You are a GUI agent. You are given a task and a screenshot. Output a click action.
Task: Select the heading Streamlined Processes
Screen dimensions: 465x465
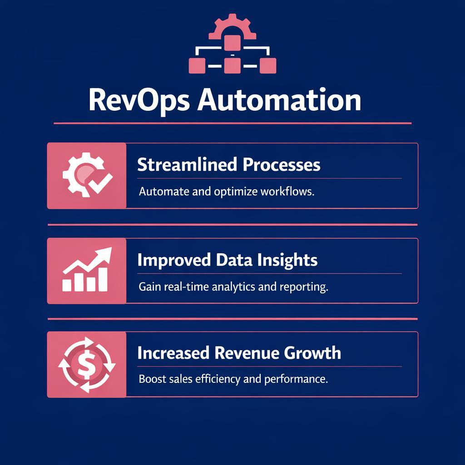[x=228, y=165]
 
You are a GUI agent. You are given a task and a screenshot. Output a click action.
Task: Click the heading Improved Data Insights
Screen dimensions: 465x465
[x=227, y=260]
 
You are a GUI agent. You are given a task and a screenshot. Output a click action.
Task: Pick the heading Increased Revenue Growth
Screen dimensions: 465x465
[x=239, y=353]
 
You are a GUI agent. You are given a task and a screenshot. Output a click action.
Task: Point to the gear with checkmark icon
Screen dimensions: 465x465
[x=87, y=176]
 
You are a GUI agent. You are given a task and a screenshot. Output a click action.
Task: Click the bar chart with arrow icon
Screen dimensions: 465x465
[x=87, y=271]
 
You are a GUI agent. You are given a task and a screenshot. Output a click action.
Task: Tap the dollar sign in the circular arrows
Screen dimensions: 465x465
[x=86, y=365]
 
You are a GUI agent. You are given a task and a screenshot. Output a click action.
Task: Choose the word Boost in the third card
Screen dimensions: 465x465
[x=149, y=379]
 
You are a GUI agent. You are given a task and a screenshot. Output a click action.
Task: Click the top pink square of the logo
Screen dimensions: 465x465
[x=232, y=42]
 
